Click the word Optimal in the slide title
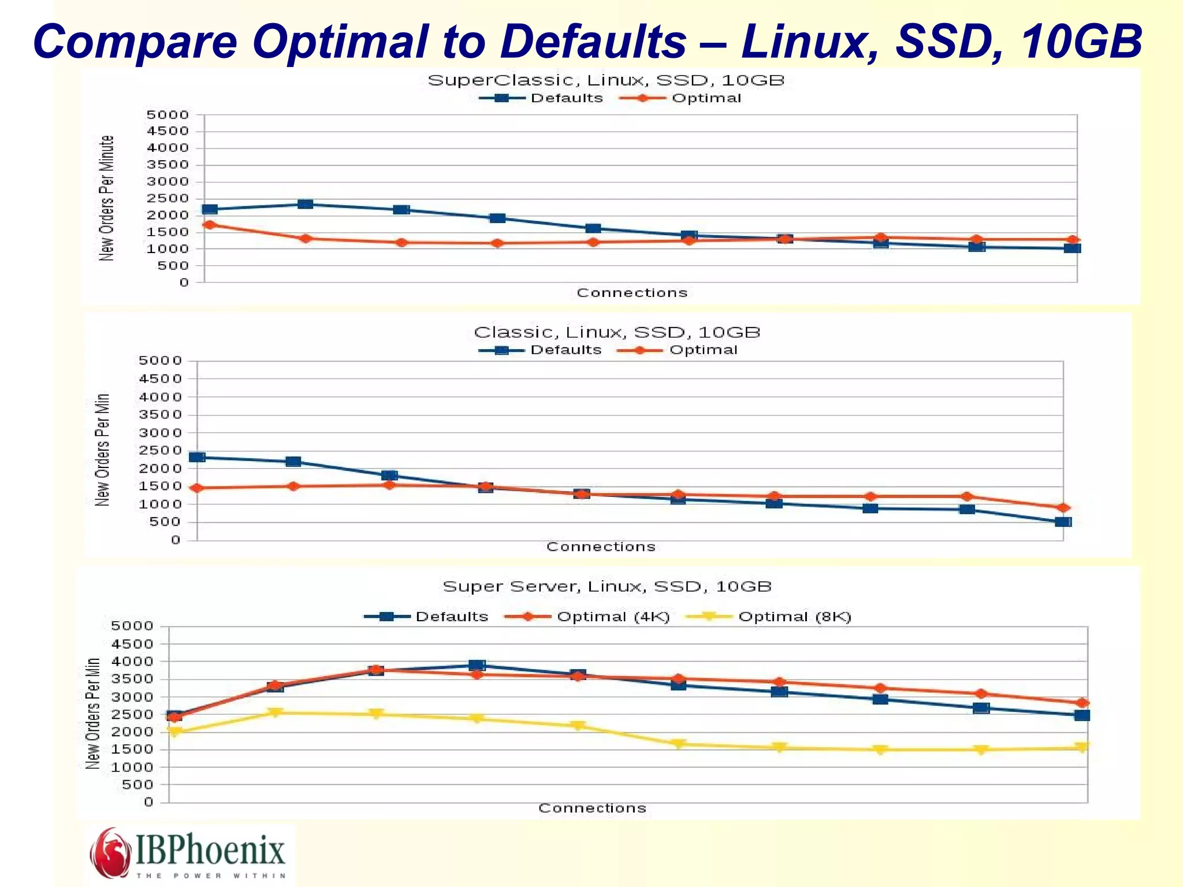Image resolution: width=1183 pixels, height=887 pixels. click(341, 42)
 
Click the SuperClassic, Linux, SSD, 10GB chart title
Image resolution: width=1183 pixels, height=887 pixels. click(606, 80)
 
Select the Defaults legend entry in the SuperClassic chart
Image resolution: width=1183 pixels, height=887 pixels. click(566, 98)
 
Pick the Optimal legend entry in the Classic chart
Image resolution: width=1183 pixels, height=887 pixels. click(703, 350)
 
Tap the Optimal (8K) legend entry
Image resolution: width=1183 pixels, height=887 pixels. click(794, 617)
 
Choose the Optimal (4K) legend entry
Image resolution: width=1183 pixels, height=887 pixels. click(612, 617)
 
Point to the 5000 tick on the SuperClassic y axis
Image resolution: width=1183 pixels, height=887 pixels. click(168, 115)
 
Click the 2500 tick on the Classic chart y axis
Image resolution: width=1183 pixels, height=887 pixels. click(161, 450)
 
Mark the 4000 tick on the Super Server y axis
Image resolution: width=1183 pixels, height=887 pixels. click(132, 661)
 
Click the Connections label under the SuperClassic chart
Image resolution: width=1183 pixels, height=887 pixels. click(632, 293)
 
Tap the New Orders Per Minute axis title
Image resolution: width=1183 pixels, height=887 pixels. click(106, 198)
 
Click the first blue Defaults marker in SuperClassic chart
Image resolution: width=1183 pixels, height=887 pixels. click(210, 209)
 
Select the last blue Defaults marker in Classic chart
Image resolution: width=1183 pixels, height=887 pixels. click(1063, 522)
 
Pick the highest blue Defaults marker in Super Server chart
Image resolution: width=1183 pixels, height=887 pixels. click(477, 665)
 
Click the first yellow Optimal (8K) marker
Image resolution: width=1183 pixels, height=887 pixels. click(174, 732)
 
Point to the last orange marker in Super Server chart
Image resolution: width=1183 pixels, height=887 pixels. click(1082, 703)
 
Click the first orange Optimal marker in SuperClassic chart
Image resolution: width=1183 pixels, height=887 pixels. click(210, 225)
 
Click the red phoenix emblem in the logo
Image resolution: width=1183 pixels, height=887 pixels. click(109, 853)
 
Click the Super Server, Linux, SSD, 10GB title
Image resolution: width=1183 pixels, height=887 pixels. click(607, 587)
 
